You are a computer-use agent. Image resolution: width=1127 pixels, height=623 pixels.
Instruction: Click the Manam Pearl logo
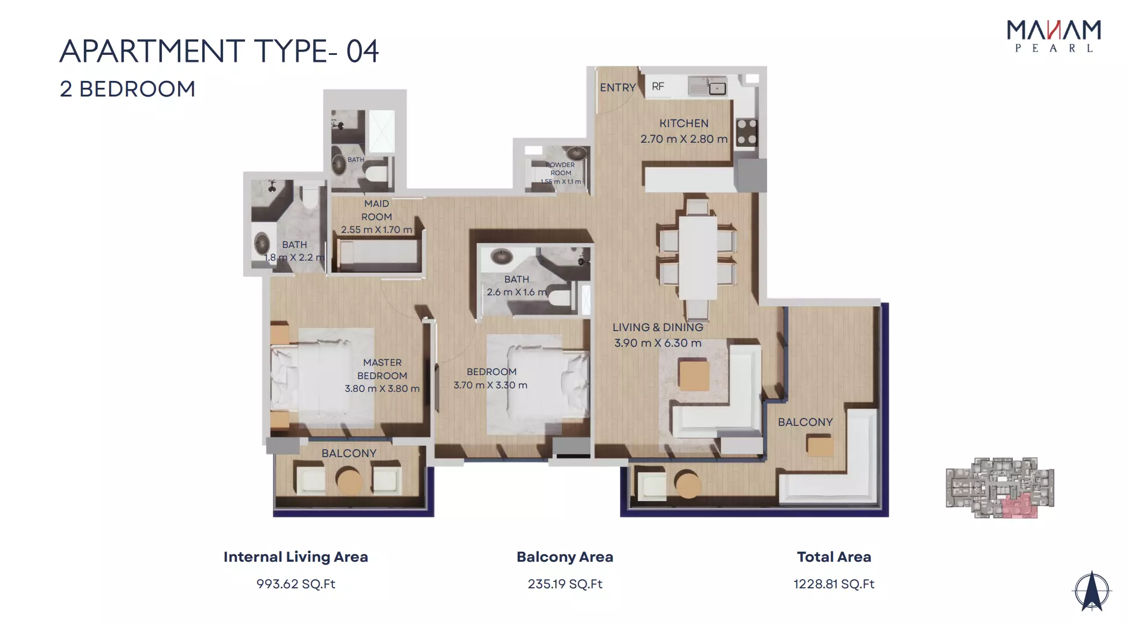pyautogui.click(x=1054, y=36)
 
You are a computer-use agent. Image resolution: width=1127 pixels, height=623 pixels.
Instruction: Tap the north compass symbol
pyautogui.click(x=1091, y=591)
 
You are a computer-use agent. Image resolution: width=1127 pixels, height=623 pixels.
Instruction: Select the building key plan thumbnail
pyautogui.click(x=1000, y=488)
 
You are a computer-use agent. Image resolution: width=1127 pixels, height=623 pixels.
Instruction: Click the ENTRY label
pyautogui.click(x=617, y=87)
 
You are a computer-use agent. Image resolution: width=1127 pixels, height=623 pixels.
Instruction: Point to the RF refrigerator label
pyautogui.click(x=658, y=86)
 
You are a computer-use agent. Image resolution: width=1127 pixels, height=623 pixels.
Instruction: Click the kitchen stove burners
pyautogui.click(x=746, y=132)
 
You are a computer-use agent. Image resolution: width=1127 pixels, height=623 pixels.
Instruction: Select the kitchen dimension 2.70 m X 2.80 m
pyautogui.click(x=684, y=139)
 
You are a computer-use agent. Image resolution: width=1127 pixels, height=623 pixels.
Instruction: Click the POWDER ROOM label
pyautogui.click(x=561, y=169)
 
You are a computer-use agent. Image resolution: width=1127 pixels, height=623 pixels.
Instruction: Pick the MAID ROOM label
pyautogui.click(x=377, y=210)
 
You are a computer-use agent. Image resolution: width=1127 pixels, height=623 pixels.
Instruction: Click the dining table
pyautogui.click(x=698, y=258)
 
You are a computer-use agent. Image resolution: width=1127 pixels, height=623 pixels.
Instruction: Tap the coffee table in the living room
pyautogui.click(x=694, y=375)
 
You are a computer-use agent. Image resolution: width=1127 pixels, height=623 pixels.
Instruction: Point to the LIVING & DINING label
pyautogui.click(x=658, y=327)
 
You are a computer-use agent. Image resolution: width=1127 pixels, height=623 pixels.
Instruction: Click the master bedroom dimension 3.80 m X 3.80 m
pyautogui.click(x=382, y=388)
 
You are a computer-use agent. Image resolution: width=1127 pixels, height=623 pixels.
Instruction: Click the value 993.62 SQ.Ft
pyautogui.click(x=296, y=584)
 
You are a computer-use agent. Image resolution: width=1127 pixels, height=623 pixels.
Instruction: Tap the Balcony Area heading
pyautogui.click(x=565, y=557)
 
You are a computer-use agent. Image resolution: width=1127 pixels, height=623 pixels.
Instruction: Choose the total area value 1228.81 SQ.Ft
pyautogui.click(x=833, y=584)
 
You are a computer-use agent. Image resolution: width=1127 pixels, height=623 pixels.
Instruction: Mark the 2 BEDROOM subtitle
pyautogui.click(x=127, y=89)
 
